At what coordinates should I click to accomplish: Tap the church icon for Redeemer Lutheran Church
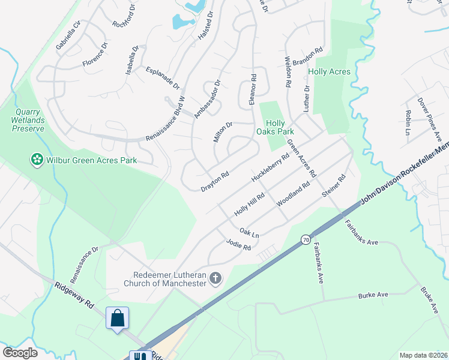coord(215,278)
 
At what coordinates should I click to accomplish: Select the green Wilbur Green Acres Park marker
coord(37,160)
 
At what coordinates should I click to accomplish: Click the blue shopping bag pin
coord(118,317)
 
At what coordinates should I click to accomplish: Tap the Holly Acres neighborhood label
coord(328,72)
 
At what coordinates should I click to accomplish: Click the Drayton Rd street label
coord(215,182)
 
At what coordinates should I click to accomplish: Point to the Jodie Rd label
coord(238,245)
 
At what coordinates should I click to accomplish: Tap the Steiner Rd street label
coord(334,186)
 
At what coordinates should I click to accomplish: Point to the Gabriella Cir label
coord(68,36)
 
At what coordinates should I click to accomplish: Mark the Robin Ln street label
coord(408,122)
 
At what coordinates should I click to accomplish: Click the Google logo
coord(20,353)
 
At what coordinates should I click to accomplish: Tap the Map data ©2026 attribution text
coord(423,355)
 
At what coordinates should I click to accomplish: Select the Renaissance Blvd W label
coord(166,119)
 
